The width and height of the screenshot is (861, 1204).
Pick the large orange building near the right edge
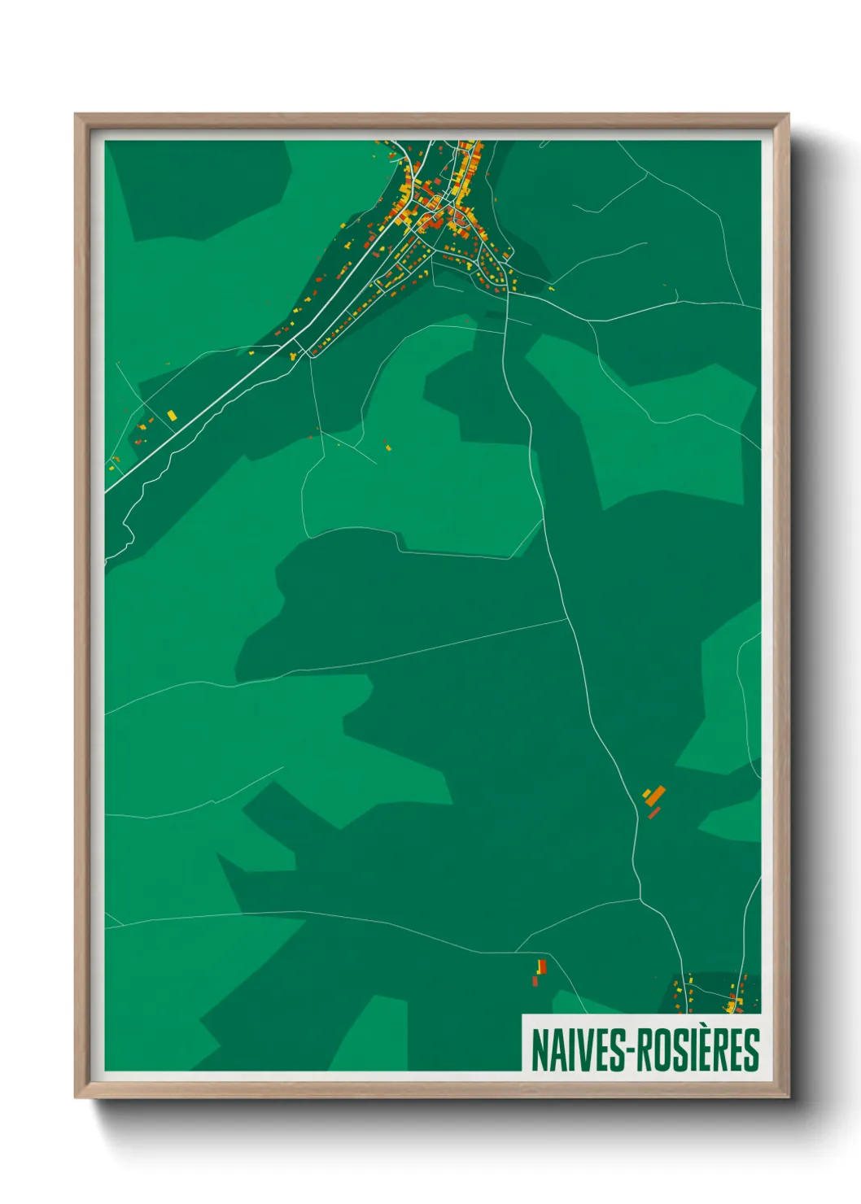click(656, 795)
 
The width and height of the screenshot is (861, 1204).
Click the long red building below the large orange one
click(654, 812)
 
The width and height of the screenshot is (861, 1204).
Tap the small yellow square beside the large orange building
click(646, 792)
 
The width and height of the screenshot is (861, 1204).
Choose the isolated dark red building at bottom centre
click(542, 966)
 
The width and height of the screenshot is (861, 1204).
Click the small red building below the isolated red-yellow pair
click(535, 981)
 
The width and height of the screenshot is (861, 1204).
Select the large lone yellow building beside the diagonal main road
click(172, 416)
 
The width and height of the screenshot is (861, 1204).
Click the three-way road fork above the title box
click(641, 900)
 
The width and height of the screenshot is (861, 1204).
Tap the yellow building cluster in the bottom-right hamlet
click(731, 1007)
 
